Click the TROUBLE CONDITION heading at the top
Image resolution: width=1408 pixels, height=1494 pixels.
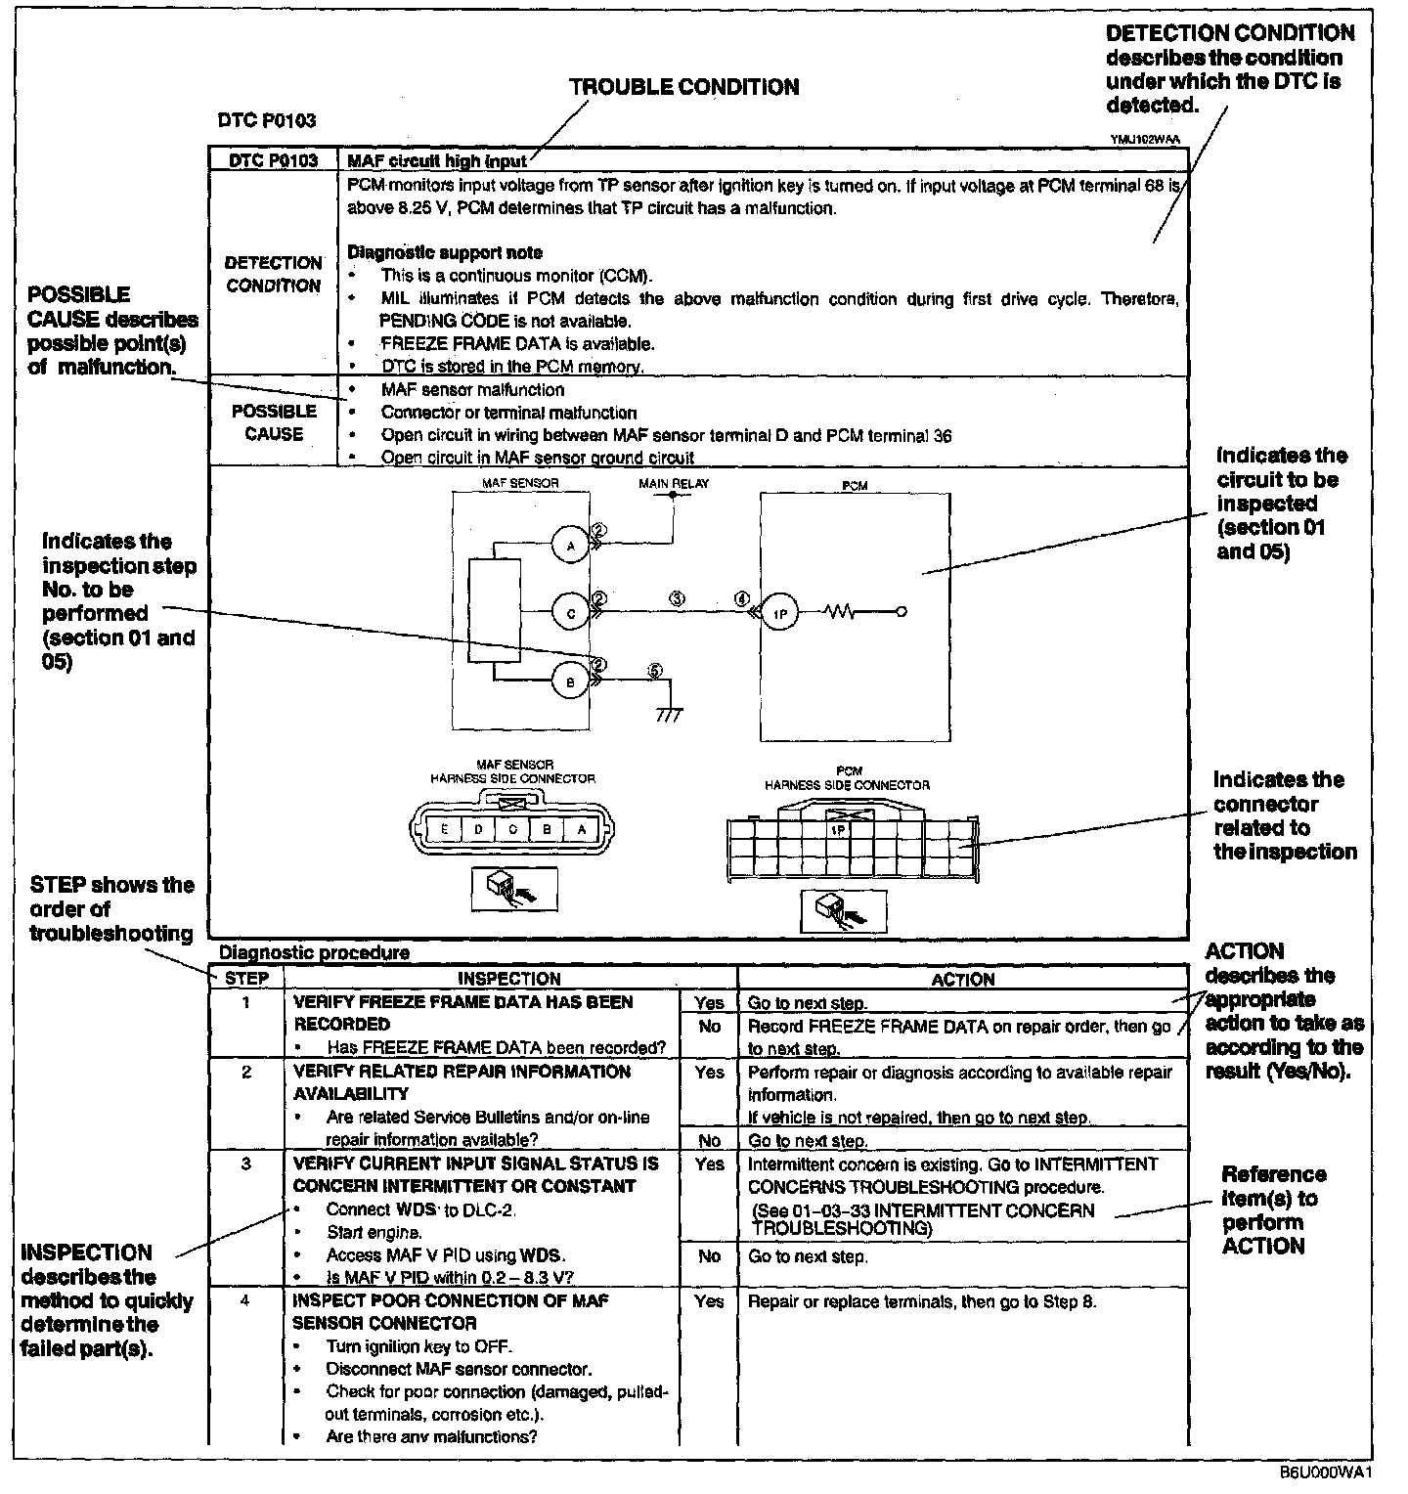[683, 87]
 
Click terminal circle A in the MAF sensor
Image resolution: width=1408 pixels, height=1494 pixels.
[571, 546]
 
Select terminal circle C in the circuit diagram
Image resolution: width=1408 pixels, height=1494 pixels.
[571, 613]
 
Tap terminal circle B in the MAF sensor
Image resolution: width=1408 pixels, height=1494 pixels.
[571, 682]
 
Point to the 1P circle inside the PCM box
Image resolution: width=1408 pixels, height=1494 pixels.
[780, 613]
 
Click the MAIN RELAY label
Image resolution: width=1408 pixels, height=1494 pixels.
[674, 483]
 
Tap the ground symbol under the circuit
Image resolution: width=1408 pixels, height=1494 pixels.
[670, 714]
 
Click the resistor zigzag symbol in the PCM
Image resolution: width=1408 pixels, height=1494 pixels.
[840, 613]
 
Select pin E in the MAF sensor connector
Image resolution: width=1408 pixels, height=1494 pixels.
[445, 829]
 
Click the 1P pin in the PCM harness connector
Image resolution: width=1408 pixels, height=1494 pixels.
[838, 829]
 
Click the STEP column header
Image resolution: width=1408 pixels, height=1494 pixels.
[246, 979]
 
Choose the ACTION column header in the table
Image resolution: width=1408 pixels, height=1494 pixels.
[963, 979]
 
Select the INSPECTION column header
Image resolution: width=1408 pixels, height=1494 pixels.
[509, 979]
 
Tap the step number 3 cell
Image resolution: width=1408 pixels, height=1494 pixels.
[246, 1164]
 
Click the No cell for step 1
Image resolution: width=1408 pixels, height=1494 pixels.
[709, 1026]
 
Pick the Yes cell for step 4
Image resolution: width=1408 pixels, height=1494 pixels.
[709, 1301]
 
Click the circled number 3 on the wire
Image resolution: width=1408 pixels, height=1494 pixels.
[677, 598]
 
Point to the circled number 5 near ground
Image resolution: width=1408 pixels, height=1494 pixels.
[655, 671]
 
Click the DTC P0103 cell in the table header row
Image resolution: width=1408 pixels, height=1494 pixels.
[273, 161]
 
